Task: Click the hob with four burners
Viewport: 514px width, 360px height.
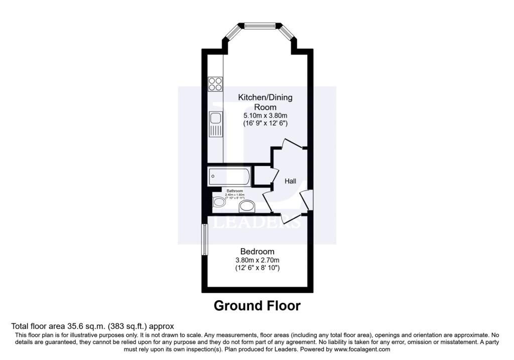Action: point(216,83)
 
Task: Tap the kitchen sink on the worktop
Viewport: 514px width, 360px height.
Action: point(216,124)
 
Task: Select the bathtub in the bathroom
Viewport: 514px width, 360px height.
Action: point(228,177)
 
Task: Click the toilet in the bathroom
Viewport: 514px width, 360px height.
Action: point(219,202)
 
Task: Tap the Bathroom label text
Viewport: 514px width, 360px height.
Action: point(235,191)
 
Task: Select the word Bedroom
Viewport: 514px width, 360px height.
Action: point(258,252)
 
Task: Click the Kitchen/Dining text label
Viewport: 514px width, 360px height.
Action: point(265,97)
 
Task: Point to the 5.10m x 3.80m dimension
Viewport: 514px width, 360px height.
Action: point(265,115)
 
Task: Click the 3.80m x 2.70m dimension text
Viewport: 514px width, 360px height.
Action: point(258,260)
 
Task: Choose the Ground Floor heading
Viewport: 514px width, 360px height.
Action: point(257,305)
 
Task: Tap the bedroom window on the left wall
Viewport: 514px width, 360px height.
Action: point(205,239)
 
